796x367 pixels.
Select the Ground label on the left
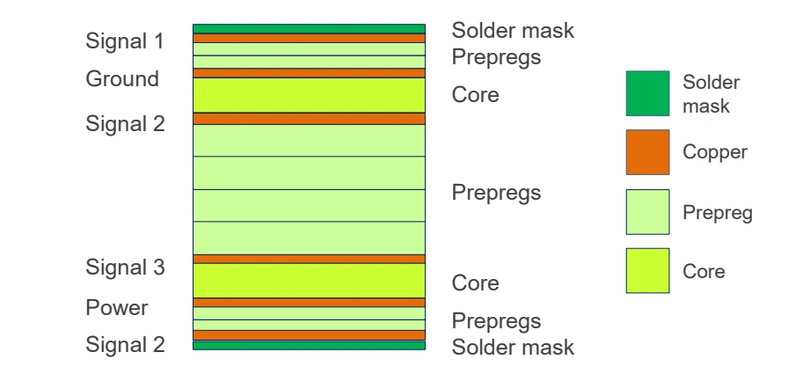point(122,78)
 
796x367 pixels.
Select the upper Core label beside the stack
point(475,94)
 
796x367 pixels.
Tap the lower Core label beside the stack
point(475,284)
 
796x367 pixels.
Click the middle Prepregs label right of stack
point(495,192)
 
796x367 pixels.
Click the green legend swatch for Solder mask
point(647,93)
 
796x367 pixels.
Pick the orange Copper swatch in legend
point(647,152)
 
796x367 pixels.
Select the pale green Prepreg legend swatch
point(647,211)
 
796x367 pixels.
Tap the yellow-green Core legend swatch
point(647,273)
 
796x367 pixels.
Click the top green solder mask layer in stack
point(309,29)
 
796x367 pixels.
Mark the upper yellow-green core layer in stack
point(309,95)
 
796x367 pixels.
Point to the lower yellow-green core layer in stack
point(309,281)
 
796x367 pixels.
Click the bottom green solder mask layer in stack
point(309,346)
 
